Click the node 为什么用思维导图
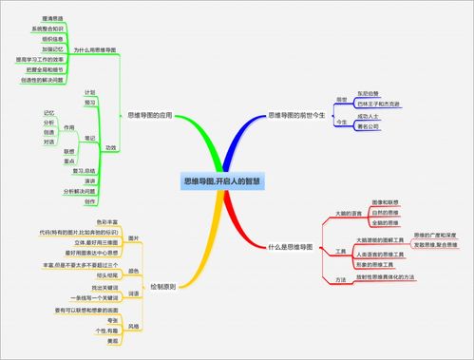[x=94, y=48]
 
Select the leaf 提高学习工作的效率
[x=39, y=59]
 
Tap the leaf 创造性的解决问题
[x=39, y=80]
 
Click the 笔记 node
[x=88, y=138]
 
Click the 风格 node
[x=133, y=326]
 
